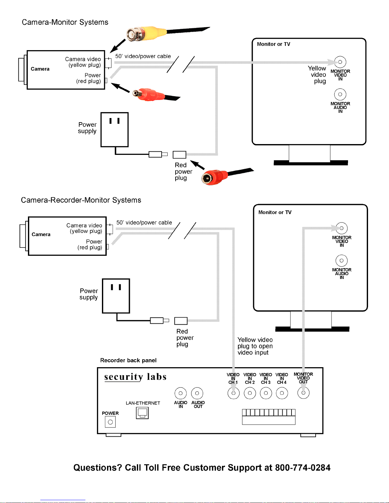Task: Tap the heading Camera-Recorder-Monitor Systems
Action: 81,200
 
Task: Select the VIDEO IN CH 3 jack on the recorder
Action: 266,393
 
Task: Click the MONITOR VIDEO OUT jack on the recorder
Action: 303,393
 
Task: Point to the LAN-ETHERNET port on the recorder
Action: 142,413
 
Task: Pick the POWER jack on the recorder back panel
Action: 110,422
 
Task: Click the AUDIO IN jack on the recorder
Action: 181,393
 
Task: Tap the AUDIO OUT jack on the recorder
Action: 197,393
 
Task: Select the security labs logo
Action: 135,377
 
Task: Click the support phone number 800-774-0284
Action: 303,467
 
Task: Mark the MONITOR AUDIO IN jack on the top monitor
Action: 340,94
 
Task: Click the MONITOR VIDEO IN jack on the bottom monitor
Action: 342,228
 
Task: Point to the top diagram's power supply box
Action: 115,129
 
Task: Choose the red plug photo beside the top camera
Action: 153,95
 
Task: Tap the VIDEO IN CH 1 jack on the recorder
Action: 233,393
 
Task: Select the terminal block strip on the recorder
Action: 269,417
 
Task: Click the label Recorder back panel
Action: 128,360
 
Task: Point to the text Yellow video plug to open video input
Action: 255,346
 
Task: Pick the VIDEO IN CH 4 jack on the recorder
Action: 282,393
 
